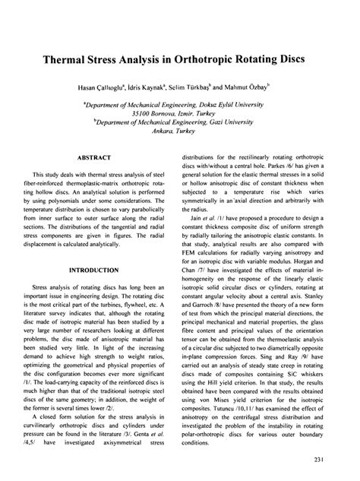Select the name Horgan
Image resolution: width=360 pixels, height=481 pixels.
click(301, 257)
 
